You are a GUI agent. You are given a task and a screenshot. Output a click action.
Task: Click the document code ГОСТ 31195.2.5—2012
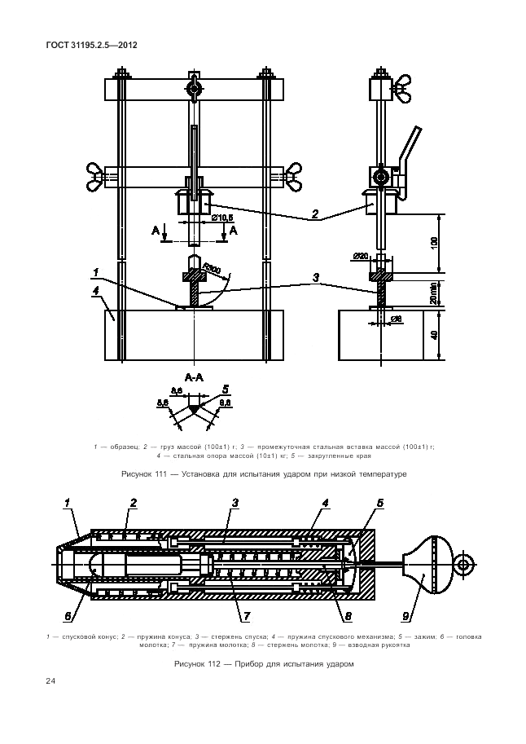click(x=91, y=45)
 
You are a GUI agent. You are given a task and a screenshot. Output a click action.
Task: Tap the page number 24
click(x=50, y=681)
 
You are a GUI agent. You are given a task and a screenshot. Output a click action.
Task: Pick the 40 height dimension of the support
click(x=434, y=333)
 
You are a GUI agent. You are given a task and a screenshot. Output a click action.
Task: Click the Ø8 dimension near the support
click(x=397, y=319)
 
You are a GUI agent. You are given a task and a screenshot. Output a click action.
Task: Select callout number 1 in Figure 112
click(x=66, y=504)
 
